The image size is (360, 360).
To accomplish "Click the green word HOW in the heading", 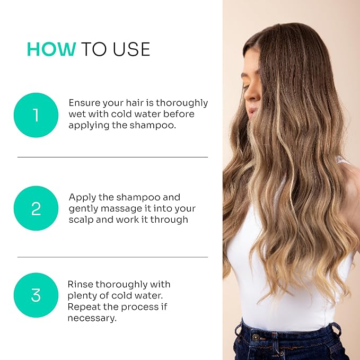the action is tap(51, 49).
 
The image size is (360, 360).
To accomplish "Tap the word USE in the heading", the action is tap(131, 49).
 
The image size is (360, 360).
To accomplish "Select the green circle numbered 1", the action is tap(36, 115).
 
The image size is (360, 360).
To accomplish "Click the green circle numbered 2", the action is tap(36, 208).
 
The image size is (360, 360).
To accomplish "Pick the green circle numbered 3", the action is tap(36, 295).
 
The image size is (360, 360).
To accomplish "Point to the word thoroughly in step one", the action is tap(182, 103).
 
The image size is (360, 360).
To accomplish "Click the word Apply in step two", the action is tap(82, 197).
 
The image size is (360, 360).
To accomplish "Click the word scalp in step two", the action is tap(81, 219).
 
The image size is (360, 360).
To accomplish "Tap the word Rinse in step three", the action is tap(80, 284).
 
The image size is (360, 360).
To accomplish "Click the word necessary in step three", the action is tap(91, 318).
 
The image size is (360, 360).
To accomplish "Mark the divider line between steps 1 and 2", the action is tap(112, 157).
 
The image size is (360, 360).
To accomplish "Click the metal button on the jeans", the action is tap(255, 337).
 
